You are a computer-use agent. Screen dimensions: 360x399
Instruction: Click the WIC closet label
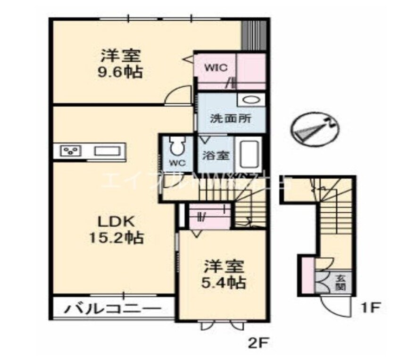click(216, 67)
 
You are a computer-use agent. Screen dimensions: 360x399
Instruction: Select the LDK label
click(116, 221)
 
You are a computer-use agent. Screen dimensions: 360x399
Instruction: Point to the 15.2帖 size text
click(117, 237)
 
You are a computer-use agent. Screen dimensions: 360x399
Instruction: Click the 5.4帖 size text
click(224, 283)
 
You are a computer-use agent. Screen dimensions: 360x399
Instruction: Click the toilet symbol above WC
click(177, 147)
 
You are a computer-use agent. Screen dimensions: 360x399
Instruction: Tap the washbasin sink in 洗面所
click(250, 100)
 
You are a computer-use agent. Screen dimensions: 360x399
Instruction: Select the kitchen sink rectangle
click(108, 151)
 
